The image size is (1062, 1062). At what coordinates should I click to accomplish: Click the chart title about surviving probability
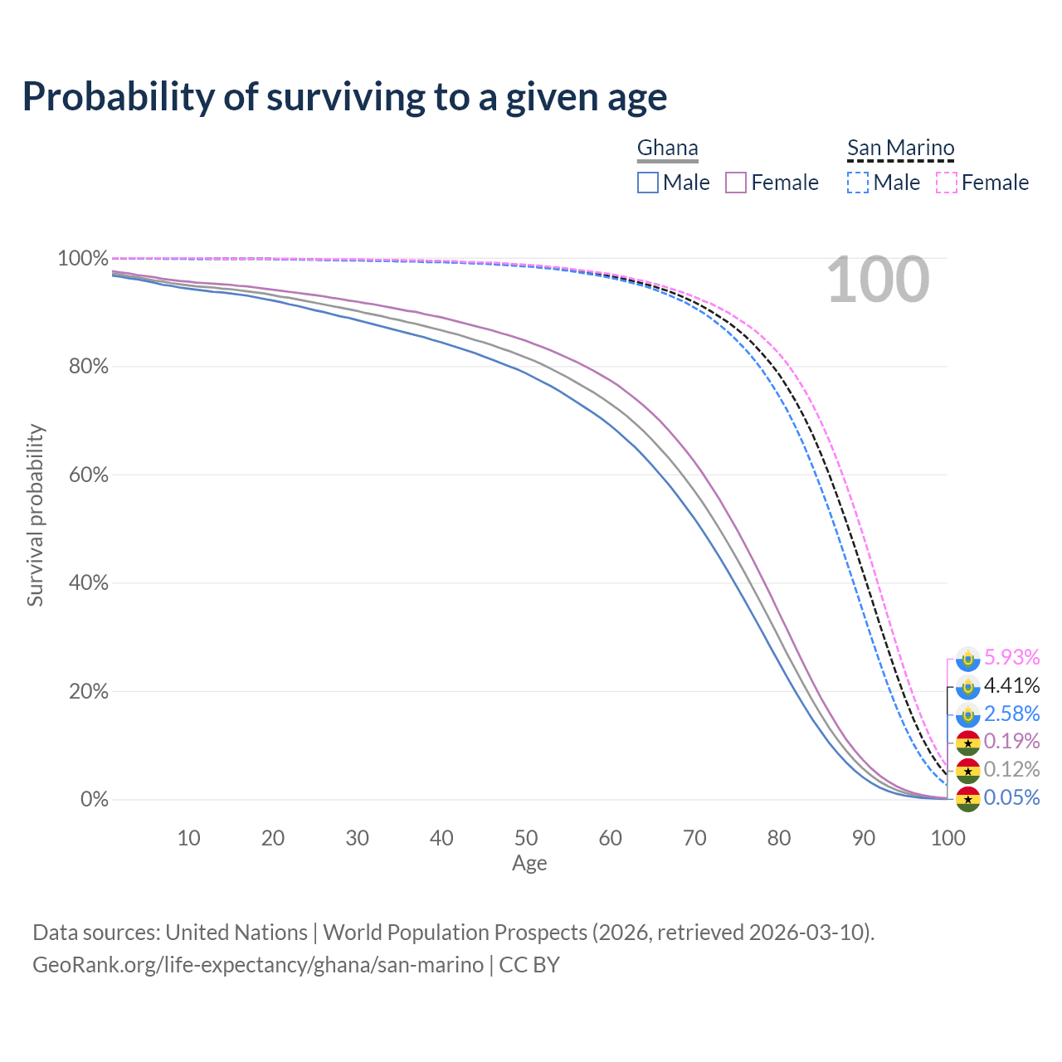(344, 97)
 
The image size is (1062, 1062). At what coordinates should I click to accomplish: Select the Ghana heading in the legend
(667, 148)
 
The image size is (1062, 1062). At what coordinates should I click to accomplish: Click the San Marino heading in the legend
(900, 148)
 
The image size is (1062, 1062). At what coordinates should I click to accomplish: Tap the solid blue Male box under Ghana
(648, 183)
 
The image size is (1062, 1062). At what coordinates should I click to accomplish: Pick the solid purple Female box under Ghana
(737, 183)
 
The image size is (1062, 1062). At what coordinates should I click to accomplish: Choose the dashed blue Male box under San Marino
(858, 183)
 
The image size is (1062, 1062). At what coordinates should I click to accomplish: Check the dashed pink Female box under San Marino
(947, 183)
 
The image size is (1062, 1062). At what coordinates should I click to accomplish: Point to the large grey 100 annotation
(878, 280)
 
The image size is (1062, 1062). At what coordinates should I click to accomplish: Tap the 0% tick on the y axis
(94, 800)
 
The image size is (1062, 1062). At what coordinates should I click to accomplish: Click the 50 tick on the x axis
(526, 838)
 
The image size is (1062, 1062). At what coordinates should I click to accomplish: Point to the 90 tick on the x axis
(864, 838)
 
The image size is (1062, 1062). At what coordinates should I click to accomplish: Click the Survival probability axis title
(35, 515)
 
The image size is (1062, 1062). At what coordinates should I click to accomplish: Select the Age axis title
(529, 864)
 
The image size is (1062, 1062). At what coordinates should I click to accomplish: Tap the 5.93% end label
(1011, 657)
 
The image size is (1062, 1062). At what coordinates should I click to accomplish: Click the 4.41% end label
(1011, 685)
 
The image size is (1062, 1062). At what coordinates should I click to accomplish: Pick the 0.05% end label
(1011, 797)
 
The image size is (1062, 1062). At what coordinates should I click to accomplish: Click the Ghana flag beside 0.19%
(968, 743)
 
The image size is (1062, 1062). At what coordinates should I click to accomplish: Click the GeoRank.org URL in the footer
(258, 965)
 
